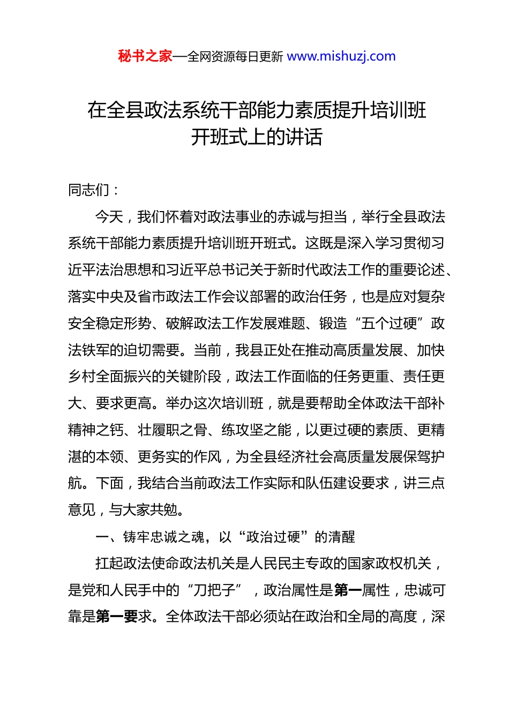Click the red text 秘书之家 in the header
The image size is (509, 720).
click(x=145, y=56)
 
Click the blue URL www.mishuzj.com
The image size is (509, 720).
click(x=341, y=56)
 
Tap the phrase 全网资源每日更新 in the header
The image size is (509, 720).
click(x=235, y=57)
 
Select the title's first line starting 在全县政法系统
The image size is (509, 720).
click(x=257, y=110)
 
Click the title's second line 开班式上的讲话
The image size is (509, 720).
click(x=257, y=137)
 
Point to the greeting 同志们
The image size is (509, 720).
click(x=88, y=190)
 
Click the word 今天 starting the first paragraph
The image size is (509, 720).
click(x=109, y=216)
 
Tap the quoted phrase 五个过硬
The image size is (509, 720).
click(x=389, y=324)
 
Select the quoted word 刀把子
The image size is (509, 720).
click(x=214, y=590)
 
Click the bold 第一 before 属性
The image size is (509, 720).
click(x=348, y=590)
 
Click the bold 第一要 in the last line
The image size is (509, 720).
click(x=117, y=617)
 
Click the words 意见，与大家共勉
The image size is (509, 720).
click(x=125, y=510)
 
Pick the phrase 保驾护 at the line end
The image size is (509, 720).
click(x=423, y=457)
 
